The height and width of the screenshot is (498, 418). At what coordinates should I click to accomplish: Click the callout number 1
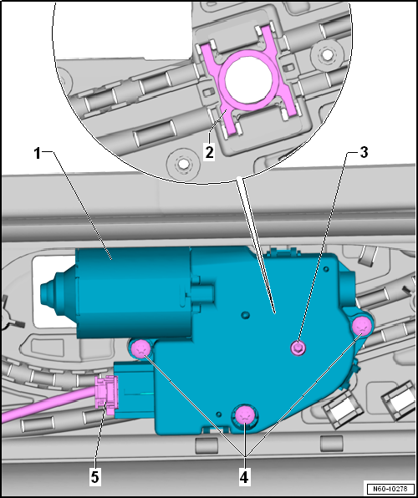(38, 154)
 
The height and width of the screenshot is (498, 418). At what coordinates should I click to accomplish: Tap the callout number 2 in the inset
(210, 152)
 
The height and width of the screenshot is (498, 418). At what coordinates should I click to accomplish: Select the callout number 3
(364, 152)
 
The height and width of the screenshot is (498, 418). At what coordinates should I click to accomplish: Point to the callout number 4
(245, 477)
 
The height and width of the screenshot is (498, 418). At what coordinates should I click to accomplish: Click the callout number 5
(95, 477)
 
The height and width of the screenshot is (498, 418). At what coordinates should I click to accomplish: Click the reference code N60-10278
(390, 488)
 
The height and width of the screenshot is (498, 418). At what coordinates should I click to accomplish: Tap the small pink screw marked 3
(297, 348)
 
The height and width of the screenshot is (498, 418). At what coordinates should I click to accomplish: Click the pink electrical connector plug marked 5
(107, 394)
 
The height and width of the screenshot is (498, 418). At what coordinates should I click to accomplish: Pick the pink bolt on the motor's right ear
(361, 326)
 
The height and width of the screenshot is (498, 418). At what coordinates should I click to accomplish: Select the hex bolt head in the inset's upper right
(326, 56)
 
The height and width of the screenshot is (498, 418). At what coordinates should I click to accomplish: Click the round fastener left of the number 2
(182, 163)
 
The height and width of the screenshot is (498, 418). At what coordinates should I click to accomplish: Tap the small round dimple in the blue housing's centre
(245, 315)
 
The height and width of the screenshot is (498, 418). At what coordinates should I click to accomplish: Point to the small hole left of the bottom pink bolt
(219, 414)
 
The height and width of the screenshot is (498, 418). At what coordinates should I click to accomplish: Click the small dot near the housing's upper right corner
(326, 269)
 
